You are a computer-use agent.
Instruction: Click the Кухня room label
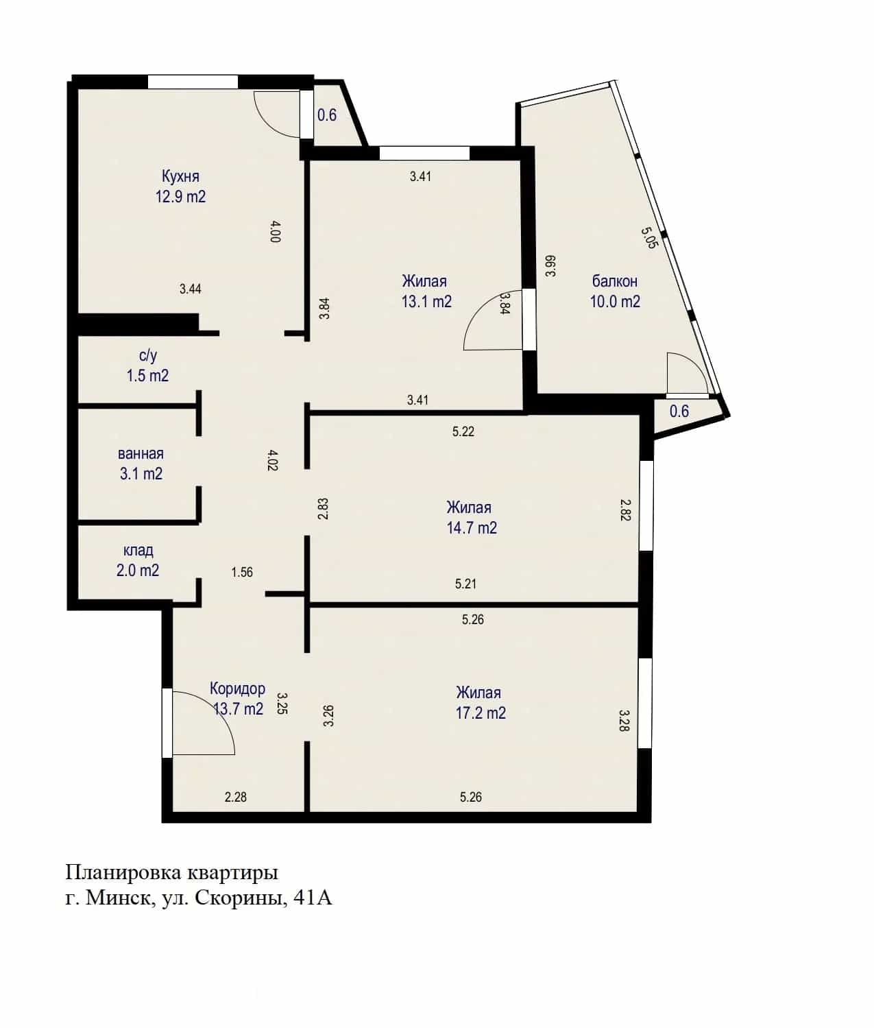click(180, 176)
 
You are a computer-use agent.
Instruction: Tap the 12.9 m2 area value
click(180, 197)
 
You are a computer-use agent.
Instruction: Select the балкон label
click(614, 281)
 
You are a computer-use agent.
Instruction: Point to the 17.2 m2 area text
click(481, 713)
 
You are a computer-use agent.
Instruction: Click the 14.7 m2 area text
click(472, 527)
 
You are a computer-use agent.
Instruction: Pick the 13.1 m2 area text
click(426, 302)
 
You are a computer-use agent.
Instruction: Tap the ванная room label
click(141, 453)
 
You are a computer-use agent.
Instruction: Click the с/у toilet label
click(148, 356)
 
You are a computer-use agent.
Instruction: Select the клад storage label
click(138, 550)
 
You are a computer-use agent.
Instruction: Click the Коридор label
click(237, 689)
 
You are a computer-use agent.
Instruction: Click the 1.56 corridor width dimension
click(242, 573)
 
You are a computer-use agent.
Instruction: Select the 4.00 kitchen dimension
click(275, 232)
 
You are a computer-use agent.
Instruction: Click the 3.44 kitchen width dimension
click(191, 289)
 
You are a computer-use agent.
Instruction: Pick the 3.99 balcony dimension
click(550, 266)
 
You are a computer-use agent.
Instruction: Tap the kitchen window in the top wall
click(193, 82)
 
